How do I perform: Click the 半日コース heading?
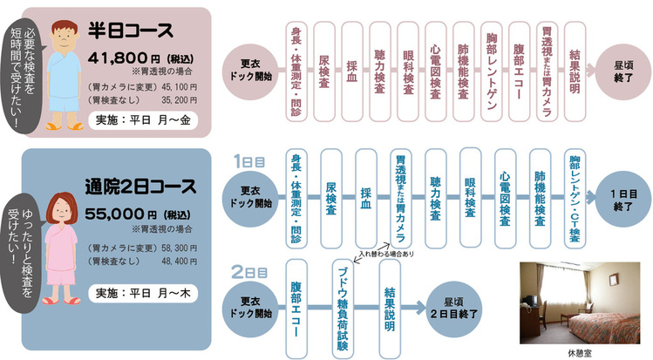coord(131,31)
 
